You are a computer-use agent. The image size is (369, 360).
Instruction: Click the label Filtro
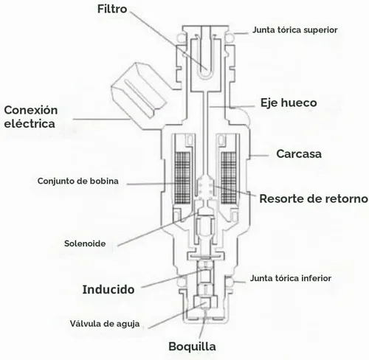(x=112, y=9)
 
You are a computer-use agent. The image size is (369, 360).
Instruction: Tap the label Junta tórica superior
(x=294, y=30)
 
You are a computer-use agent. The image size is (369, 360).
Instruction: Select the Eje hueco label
(x=289, y=103)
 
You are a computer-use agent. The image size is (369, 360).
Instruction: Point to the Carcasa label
(x=299, y=154)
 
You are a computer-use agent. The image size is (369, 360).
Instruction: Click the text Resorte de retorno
(x=314, y=198)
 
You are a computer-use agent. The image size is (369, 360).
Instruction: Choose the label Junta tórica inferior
(x=291, y=278)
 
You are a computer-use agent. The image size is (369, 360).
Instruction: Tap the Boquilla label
(x=192, y=347)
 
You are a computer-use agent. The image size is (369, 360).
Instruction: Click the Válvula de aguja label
(x=105, y=324)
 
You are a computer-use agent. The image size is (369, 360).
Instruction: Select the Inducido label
(x=108, y=289)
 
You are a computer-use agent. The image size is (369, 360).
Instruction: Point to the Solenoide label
(x=85, y=243)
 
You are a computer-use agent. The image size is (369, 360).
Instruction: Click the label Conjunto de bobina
(x=78, y=181)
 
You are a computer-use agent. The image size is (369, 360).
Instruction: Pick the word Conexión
(x=31, y=110)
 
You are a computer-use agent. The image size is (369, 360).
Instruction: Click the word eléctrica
(x=30, y=123)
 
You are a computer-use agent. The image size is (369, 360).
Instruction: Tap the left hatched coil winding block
(x=182, y=178)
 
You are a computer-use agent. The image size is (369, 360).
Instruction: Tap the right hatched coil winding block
(x=229, y=178)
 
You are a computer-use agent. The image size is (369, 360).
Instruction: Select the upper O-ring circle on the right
(x=231, y=37)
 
